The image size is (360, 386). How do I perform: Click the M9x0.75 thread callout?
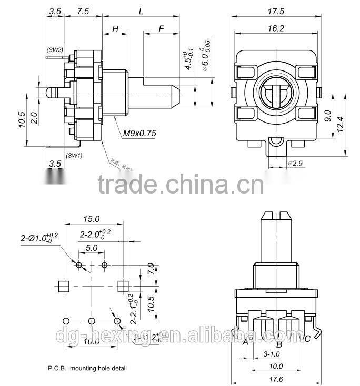tap(139, 134)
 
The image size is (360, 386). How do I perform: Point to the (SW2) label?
tap(55, 50)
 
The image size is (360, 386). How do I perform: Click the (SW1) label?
tap(74, 155)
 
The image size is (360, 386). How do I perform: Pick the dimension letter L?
tap(141, 11)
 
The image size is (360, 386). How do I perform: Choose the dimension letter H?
tap(115, 29)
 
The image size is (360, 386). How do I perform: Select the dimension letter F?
tap(161, 29)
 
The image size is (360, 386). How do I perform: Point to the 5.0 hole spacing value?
tap(92, 247)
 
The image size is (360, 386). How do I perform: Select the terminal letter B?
tap(279, 344)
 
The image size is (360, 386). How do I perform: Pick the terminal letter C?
tap(307, 338)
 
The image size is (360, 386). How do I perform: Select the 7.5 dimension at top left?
tap(82, 11)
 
